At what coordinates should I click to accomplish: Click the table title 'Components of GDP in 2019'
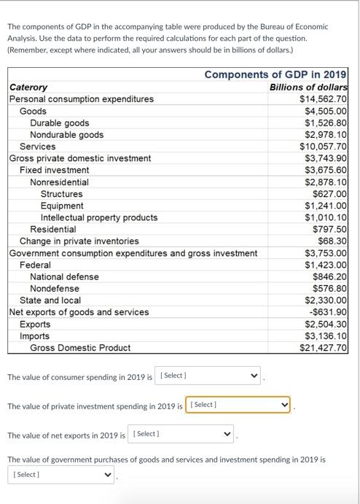[275, 74]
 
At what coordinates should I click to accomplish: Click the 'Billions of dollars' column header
[308, 87]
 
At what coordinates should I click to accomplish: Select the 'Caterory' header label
[28, 87]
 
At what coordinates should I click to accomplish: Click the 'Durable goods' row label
[60, 123]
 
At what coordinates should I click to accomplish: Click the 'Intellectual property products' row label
[99, 217]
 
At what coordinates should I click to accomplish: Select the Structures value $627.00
[330, 194]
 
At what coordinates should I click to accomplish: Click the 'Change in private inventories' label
[79, 241]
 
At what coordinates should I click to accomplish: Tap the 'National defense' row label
[64, 276]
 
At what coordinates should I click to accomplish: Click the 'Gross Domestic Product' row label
[80, 348]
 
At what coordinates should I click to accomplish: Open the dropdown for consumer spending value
[208, 376]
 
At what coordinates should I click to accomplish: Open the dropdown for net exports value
[182, 434]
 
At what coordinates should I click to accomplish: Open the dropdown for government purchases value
[62, 475]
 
